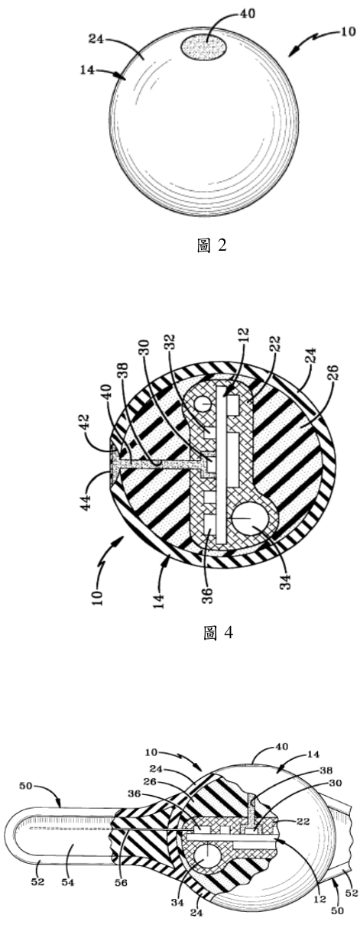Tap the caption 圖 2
coord(212,245)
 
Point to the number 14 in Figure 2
coord(87,70)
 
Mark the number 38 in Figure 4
coord(123,372)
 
